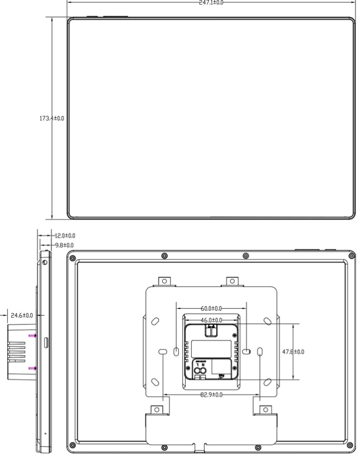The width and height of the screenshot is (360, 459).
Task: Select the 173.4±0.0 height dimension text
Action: pyautogui.click(x=52, y=118)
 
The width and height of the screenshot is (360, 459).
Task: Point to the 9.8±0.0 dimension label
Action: pyautogui.click(x=63, y=245)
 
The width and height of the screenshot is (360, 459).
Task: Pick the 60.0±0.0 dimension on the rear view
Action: pyautogui.click(x=211, y=309)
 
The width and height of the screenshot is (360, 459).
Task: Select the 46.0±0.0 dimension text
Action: pyautogui.click(x=211, y=320)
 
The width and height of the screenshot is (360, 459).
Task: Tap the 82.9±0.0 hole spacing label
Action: pyautogui.click(x=211, y=395)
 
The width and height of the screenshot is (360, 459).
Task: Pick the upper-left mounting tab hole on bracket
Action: pyautogui.click(x=164, y=281)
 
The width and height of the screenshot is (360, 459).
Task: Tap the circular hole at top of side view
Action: pyautogui.click(x=46, y=263)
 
